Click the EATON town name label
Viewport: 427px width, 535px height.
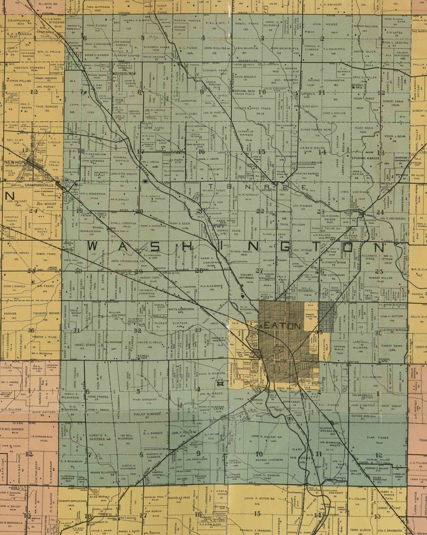(x=282, y=326)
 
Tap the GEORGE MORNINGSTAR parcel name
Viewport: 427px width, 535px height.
(x=321, y=80)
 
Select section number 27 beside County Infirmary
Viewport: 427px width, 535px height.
(x=259, y=270)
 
